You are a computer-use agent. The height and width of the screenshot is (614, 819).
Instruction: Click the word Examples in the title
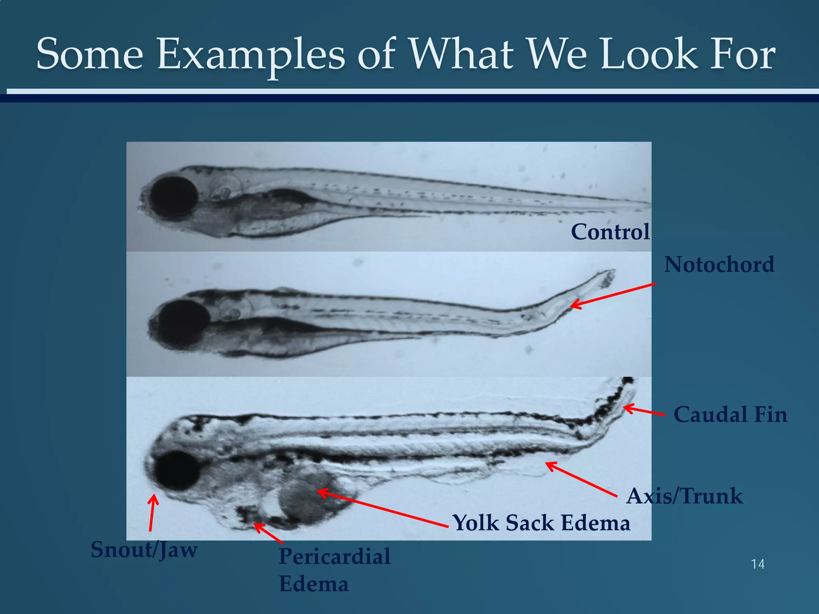tap(251, 54)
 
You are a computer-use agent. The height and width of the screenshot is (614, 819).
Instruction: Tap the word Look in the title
tap(649, 54)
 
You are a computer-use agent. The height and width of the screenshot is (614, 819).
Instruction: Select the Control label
tap(610, 232)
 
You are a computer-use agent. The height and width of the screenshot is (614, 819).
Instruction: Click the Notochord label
tap(719, 265)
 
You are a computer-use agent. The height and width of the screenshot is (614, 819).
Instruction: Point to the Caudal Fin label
tap(730, 415)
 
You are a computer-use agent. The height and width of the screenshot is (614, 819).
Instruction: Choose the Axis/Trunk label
tap(684, 496)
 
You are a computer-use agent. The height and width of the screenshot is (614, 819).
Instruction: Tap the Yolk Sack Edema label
tap(541, 523)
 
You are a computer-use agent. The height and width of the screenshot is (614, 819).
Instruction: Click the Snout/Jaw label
tap(144, 550)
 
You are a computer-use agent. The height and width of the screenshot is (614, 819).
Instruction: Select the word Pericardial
tap(334, 556)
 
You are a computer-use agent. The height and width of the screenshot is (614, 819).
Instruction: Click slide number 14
tap(758, 564)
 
